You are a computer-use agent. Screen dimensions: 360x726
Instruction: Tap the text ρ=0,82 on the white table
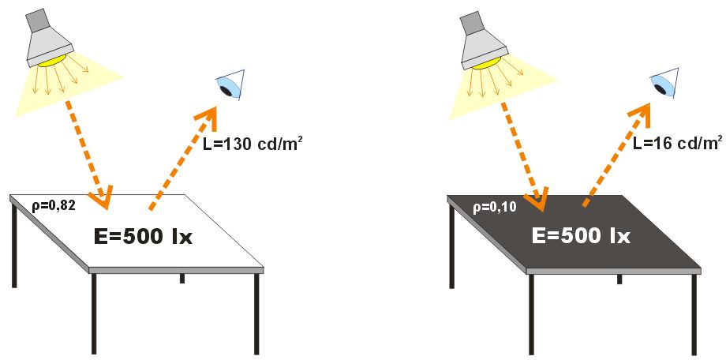tap(53, 207)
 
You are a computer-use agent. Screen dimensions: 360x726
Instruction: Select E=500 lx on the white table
tap(140, 236)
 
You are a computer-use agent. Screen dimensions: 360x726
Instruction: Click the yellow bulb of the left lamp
tap(56, 61)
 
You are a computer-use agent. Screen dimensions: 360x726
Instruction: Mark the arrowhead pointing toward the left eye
tap(208, 118)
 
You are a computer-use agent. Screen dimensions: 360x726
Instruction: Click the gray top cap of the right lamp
tap(471, 23)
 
